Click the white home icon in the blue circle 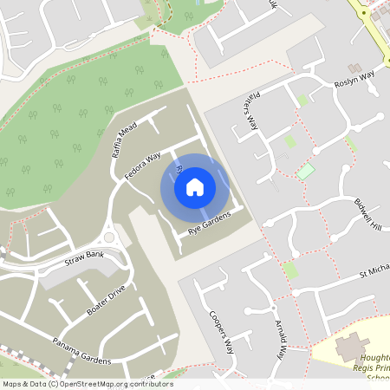point(195,186)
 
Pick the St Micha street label point(374,275)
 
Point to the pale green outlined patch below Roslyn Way point(306,171)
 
